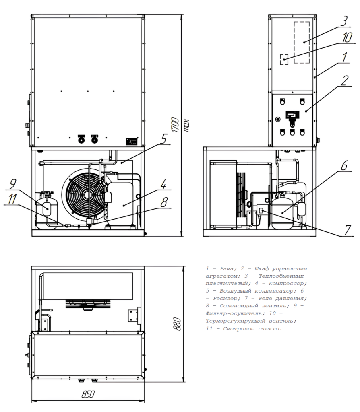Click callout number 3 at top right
pyautogui.click(x=344, y=21)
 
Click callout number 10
pyautogui.click(x=347, y=37)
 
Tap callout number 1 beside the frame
pyautogui.click(x=344, y=57)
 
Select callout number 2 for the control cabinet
pyautogui.click(x=344, y=80)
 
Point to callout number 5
pyautogui.click(x=163, y=139)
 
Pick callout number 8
pyautogui.click(x=164, y=202)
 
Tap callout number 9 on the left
pyautogui.click(x=12, y=183)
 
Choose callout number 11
pyautogui.click(x=12, y=199)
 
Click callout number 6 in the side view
pyautogui.click(x=344, y=165)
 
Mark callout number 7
pyautogui.click(x=348, y=230)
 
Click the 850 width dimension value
pyautogui.click(x=88, y=394)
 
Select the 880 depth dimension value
pyautogui.click(x=177, y=324)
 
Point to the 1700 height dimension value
pyautogui.click(x=175, y=126)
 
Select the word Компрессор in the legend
pyautogui.click(x=288, y=284)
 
